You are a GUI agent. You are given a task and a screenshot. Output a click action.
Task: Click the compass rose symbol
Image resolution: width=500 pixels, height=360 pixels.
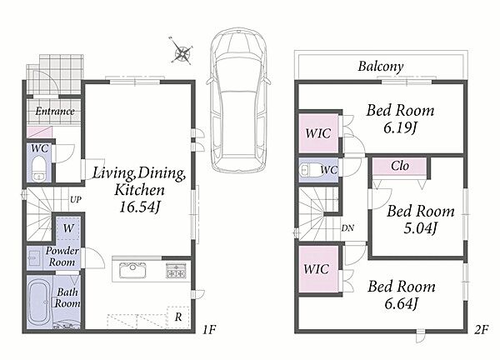coord(182,52)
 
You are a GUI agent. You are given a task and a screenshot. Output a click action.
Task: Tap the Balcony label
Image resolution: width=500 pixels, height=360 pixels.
coord(381,67)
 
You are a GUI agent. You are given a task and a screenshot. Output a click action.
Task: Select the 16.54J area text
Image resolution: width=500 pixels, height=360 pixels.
coord(139,207)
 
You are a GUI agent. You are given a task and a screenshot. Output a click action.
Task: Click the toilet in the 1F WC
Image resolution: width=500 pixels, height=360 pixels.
coord(39,169)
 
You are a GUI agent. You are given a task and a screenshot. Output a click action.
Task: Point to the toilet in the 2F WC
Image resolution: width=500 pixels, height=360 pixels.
coord(311,170)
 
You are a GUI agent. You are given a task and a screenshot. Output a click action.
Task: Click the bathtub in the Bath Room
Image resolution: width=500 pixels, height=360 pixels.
coord(38,302)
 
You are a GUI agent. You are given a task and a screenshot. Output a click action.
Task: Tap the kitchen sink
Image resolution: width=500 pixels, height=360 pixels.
coord(132,270)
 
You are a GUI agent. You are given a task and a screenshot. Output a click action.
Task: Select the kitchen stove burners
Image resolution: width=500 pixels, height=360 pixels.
coord(176,270)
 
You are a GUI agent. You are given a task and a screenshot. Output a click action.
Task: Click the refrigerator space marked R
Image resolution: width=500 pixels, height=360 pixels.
coord(178,317)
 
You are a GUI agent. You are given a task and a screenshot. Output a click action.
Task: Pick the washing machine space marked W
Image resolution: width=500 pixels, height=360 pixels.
coord(68,228)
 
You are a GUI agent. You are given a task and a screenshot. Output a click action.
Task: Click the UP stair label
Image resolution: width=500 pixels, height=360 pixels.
coord(76,200)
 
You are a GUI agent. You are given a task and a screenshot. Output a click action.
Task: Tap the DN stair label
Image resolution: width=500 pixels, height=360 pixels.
coord(347,228)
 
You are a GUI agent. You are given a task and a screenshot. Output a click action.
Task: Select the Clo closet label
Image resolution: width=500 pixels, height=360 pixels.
coord(400,166)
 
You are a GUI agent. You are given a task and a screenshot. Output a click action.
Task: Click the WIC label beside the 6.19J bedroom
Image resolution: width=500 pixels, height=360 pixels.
coord(318,133)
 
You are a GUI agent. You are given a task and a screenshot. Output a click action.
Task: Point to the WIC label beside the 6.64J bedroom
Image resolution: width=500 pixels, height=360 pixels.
coord(316,269)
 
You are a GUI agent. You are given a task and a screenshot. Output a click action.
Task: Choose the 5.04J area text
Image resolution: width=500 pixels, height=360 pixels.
coord(420,228)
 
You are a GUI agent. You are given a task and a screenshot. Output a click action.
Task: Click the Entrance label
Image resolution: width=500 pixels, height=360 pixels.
coord(55,112)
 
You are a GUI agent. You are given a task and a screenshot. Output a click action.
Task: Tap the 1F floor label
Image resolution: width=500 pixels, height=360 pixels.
coord(209,329)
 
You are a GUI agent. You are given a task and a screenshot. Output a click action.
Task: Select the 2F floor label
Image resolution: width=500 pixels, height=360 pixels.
coord(481,329)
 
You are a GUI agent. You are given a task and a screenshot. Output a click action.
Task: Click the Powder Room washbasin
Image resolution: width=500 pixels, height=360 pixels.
coord(34,257)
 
